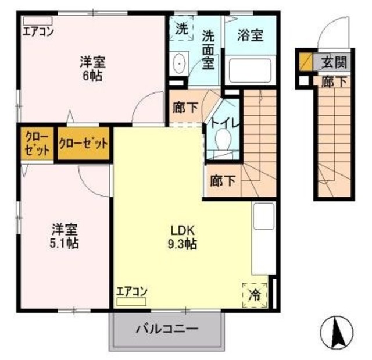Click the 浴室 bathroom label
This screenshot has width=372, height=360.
click(250, 34)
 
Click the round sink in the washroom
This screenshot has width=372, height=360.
click(180, 61)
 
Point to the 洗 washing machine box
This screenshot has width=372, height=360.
click(181, 29)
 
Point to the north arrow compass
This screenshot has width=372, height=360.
click(335, 333)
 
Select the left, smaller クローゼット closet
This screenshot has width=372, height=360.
click(35, 142)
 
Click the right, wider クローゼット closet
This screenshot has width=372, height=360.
click(83, 143)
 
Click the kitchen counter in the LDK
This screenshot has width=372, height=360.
click(263, 238)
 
